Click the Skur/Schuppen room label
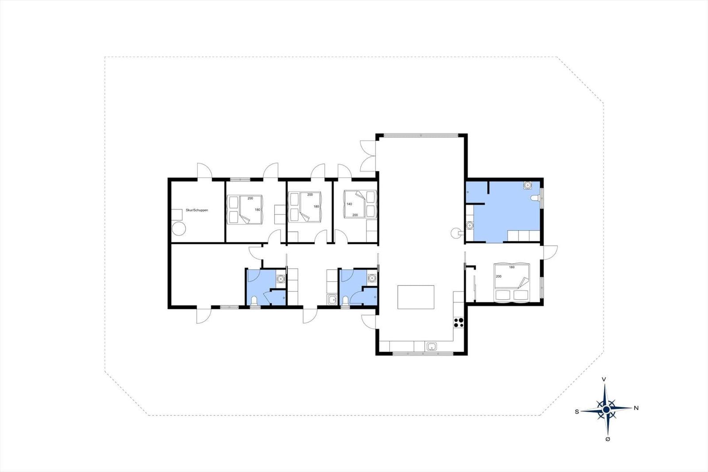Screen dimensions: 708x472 196,210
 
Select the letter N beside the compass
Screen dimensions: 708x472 636,408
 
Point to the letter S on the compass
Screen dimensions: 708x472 577,412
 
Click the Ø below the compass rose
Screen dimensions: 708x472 608,439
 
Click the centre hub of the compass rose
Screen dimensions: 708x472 606,410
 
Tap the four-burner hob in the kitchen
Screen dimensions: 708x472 458,322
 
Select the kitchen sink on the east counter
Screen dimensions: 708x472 431,346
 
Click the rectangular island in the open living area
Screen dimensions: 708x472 416,297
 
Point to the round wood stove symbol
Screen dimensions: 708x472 455,233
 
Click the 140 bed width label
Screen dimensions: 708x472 349,204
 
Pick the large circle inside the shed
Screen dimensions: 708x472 179,228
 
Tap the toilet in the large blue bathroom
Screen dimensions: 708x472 535,198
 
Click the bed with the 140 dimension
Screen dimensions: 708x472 360,204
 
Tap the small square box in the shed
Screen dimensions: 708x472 177,214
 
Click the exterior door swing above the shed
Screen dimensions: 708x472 205,171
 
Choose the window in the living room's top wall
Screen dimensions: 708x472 421,135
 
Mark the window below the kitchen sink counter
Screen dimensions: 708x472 423,353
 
